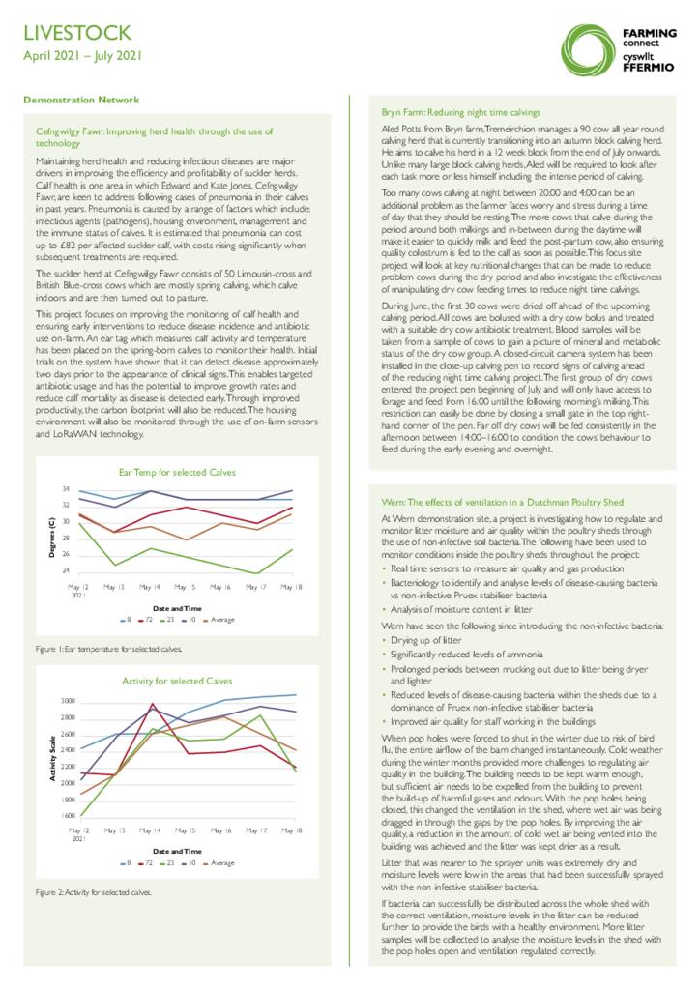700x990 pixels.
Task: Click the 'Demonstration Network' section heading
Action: click(x=81, y=100)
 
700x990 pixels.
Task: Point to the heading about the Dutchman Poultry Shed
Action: click(x=503, y=503)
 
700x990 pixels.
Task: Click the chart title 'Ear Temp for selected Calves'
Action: click(x=177, y=472)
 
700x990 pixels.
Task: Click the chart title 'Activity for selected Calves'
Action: click(x=177, y=681)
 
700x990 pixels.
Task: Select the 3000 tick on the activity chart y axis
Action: click(x=68, y=699)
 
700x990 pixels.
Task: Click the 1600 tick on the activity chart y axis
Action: click(x=68, y=816)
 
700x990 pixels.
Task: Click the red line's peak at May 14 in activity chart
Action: click(x=152, y=705)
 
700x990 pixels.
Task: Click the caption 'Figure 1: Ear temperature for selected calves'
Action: click(x=108, y=648)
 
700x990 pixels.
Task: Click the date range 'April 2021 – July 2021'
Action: click(x=82, y=56)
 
